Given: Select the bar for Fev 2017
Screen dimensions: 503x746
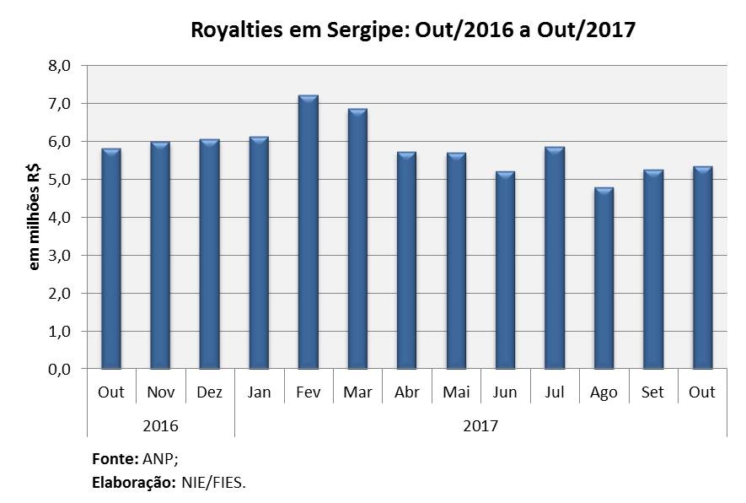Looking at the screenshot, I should pyautogui.click(x=308, y=232).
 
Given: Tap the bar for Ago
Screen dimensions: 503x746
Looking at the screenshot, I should pyautogui.click(x=604, y=279).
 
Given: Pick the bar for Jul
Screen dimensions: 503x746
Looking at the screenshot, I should pyautogui.click(x=554, y=258).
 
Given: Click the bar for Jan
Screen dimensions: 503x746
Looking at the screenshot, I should pyautogui.click(x=259, y=252).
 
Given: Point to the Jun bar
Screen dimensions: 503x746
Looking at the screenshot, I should pyautogui.click(x=505, y=270).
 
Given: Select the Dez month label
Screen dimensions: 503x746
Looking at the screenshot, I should pyautogui.click(x=209, y=392).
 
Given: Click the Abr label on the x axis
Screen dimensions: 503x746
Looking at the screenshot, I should pyautogui.click(x=406, y=392).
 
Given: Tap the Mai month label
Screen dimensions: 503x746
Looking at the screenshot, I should pyautogui.click(x=456, y=392).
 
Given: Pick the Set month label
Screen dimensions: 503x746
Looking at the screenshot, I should pyautogui.click(x=652, y=392).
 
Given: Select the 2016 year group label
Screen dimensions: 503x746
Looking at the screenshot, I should pyautogui.click(x=160, y=425).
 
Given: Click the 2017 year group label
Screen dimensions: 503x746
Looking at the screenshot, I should pyautogui.click(x=480, y=425).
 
